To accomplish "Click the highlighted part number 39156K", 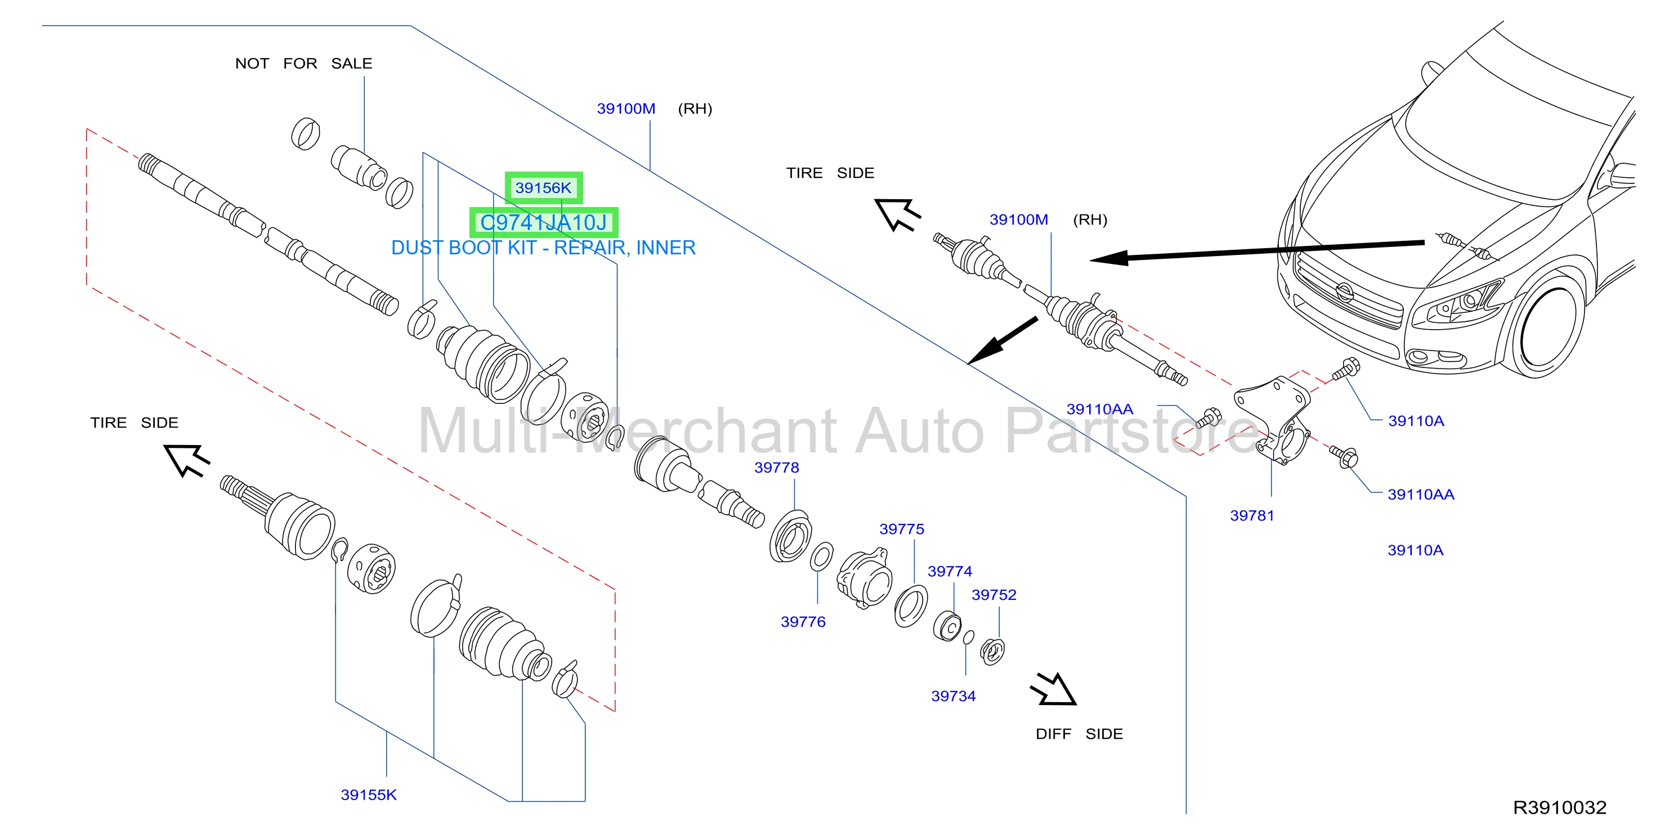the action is click(543, 188).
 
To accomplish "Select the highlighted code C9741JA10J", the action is click(543, 223).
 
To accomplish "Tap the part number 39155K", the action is click(369, 794).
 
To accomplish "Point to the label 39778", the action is click(776, 468).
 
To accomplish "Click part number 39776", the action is click(803, 622).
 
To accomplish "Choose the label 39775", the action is click(902, 529).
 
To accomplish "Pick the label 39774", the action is click(950, 571).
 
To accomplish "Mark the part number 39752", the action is click(994, 595).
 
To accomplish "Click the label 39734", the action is click(954, 696).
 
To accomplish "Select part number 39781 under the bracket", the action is click(1252, 516).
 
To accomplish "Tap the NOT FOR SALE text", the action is click(303, 64).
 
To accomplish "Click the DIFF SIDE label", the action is click(1080, 734).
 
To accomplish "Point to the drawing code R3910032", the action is click(1559, 807).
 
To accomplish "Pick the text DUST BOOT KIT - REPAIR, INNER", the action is click(543, 248).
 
